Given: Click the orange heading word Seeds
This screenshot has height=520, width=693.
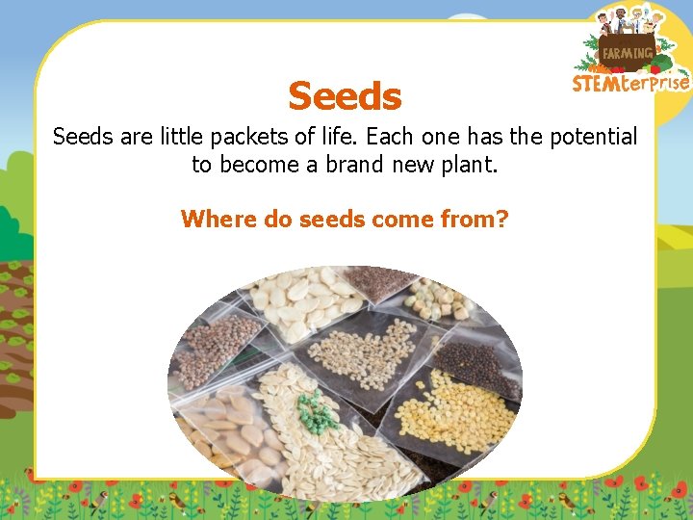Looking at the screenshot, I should click(345, 96).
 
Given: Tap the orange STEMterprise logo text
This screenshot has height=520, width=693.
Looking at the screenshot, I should click(630, 83).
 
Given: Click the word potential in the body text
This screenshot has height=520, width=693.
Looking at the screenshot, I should click(591, 137).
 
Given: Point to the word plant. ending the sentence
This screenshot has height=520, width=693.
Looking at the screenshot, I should click(467, 165).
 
